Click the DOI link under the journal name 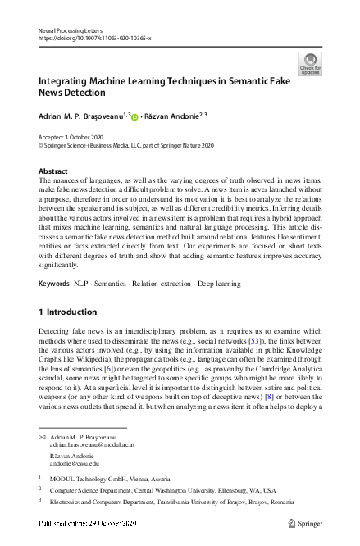(95, 38)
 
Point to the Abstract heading (53, 171)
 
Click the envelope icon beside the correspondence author (43, 438)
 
